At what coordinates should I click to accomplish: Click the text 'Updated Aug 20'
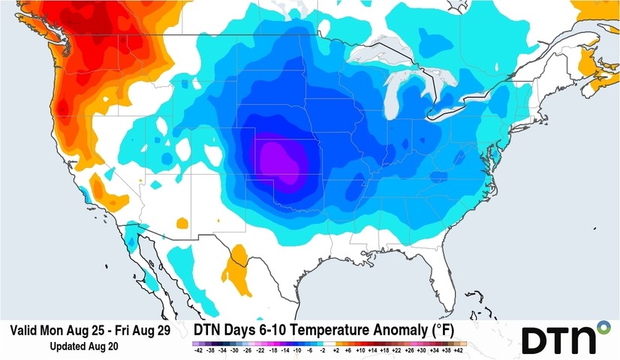click(x=83, y=346)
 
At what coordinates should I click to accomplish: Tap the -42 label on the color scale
click(x=198, y=350)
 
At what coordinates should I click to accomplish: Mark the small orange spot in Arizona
click(x=182, y=223)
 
